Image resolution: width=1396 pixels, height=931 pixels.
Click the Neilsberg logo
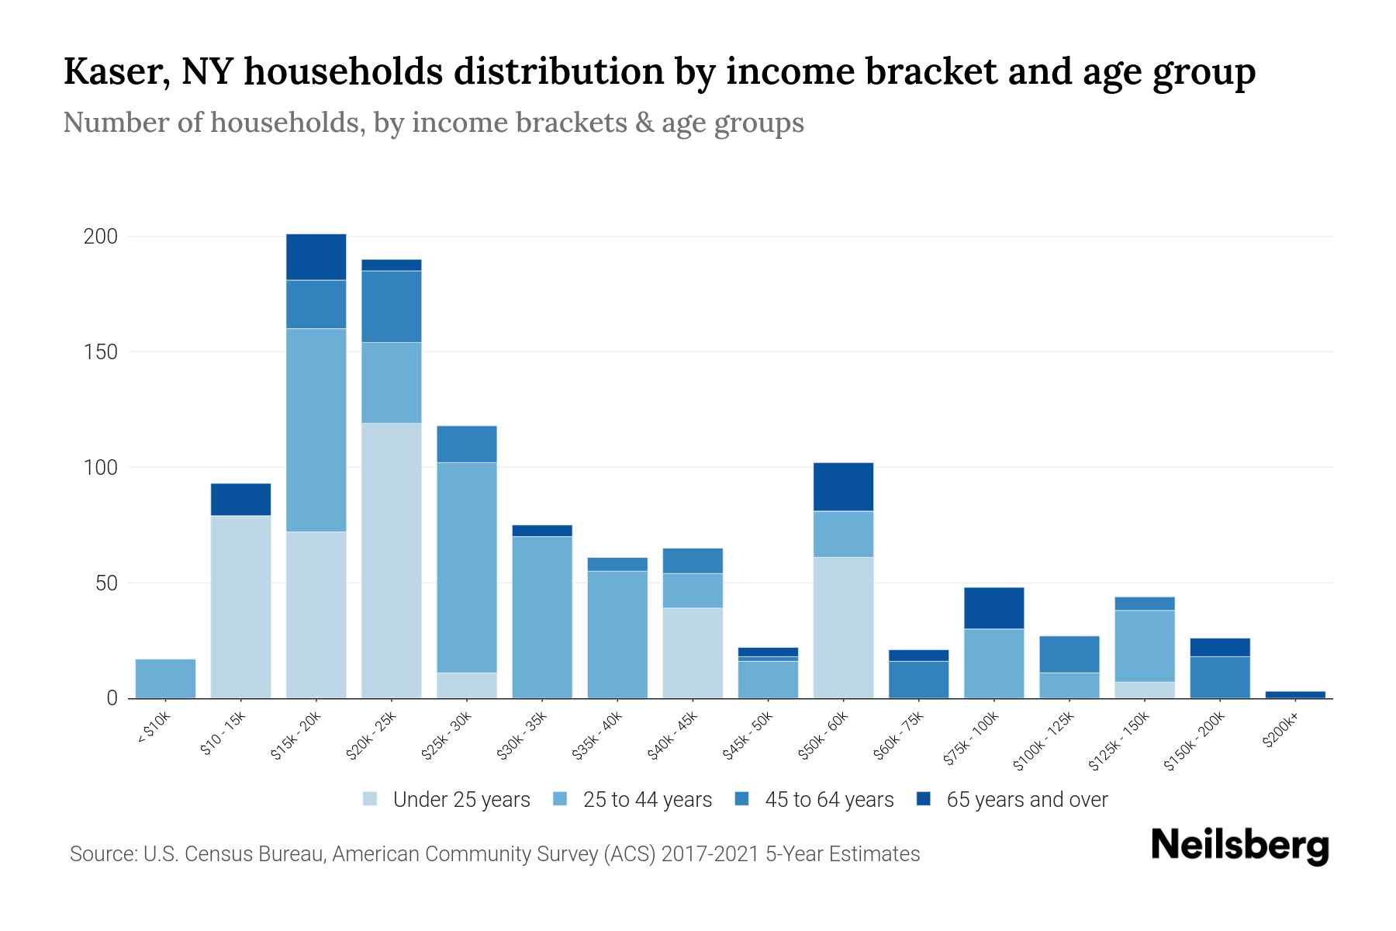(x=1239, y=846)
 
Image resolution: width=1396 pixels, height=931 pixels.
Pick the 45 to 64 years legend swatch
(x=741, y=800)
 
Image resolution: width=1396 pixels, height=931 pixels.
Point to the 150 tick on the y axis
(x=100, y=352)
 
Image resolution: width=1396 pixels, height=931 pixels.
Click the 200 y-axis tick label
(x=100, y=237)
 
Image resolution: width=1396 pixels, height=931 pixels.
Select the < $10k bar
(x=165, y=679)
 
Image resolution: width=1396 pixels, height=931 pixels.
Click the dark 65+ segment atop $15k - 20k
(x=316, y=257)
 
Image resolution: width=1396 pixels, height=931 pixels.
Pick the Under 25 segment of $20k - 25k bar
(x=391, y=560)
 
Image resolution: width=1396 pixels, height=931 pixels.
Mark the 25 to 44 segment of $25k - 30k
(x=466, y=567)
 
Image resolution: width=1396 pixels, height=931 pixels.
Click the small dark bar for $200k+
(x=1294, y=694)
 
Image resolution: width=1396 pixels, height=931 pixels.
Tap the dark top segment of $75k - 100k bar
(x=993, y=608)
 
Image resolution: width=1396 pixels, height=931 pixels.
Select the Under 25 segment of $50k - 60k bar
(x=843, y=628)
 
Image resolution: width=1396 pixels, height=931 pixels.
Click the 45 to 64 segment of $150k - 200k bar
(x=1219, y=677)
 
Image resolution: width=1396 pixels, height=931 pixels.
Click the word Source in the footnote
(x=102, y=854)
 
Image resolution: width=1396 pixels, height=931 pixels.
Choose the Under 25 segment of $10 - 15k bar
(x=240, y=607)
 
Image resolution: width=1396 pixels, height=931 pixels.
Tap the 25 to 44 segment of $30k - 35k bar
(x=541, y=618)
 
